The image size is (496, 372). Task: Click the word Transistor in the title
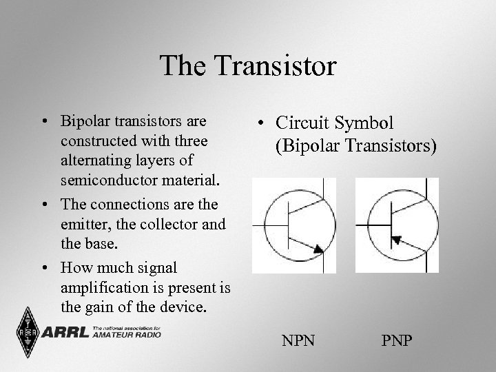pyautogui.click(x=278, y=66)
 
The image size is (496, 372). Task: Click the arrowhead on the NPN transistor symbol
pyautogui.click(x=318, y=249)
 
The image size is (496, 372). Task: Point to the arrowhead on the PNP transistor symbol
pyautogui.click(x=397, y=238)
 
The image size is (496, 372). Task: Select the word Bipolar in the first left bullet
pyautogui.click(x=83, y=123)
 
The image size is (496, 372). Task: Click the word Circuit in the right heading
pyautogui.click(x=303, y=123)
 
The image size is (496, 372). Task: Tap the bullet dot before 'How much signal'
pyautogui.click(x=43, y=267)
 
